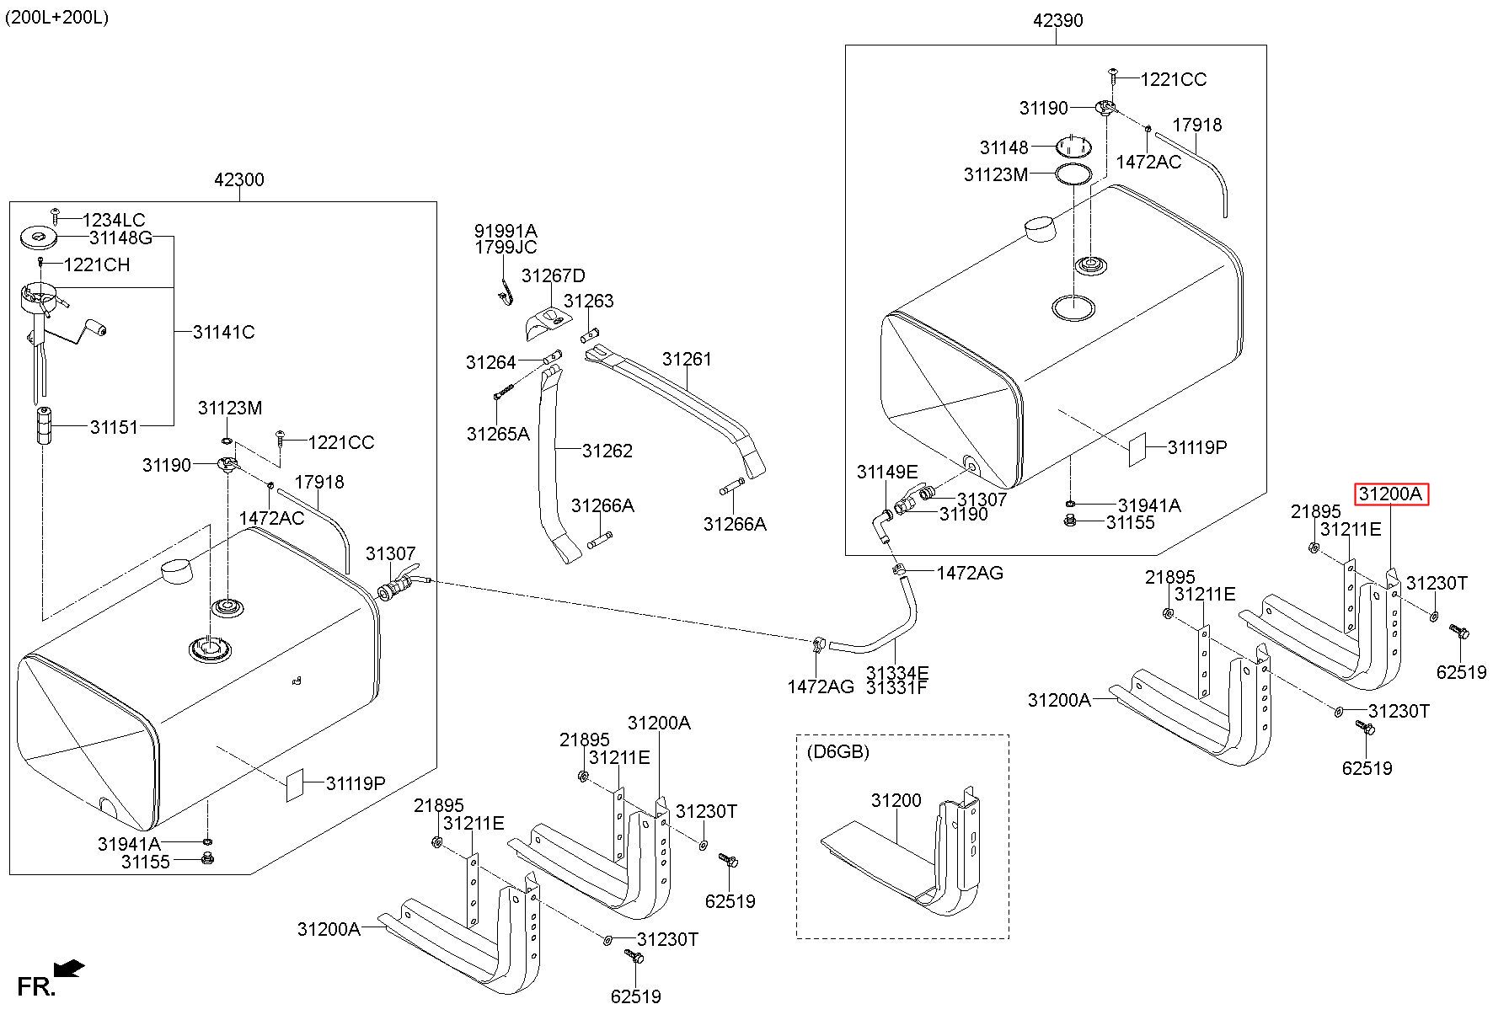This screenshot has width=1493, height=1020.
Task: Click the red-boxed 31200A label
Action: [1391, 494]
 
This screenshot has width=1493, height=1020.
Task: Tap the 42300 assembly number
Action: [239, 179]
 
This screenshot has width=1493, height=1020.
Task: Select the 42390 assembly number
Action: [1058, 20]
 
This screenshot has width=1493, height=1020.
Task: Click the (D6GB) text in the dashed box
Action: [837, 750]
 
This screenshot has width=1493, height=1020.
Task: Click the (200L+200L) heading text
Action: [56, 17]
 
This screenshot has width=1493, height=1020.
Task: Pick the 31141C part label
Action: [223, 332]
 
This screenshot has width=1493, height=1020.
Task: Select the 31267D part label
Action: [553, 275]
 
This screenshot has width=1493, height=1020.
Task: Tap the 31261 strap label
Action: [687, 359]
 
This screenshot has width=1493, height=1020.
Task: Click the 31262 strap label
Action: [607, 451]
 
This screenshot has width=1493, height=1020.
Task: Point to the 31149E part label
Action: [887, 472]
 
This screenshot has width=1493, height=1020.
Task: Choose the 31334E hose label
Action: [897, 673]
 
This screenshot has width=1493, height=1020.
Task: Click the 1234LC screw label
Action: [114, 221]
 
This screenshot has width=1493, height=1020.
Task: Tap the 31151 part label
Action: [114, 427]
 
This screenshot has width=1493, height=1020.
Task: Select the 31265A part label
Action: [498, 434]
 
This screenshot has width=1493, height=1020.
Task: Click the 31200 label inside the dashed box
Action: [896, 800]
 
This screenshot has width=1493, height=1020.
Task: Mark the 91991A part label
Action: [506, 231]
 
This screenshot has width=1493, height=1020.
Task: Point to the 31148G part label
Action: [120, 238]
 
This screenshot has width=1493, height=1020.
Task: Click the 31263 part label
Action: [589, 301]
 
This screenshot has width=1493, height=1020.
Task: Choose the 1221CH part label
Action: [97, 264]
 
